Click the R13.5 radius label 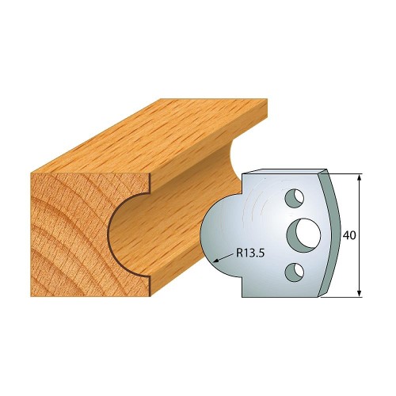[250, 253]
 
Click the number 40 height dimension [349, 235]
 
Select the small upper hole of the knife [295, 198]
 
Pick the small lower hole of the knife [295, 272]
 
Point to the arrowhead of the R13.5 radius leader [216, 261]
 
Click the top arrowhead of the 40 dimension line [359, 177]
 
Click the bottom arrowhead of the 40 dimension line [359, 293]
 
